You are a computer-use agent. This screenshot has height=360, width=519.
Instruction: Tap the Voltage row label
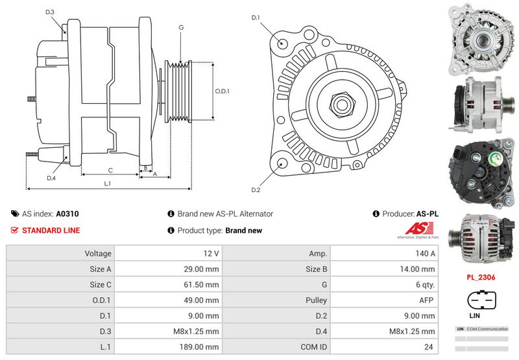click(x=97, y=253)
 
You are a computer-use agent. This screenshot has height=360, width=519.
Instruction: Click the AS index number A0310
click(x=67, y=213)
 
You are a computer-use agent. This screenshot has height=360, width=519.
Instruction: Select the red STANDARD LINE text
click(x=51, y=230)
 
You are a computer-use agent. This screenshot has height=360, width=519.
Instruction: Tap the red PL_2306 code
click(x=480, y=276)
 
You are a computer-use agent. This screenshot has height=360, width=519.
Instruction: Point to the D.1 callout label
click(x=256, y=18)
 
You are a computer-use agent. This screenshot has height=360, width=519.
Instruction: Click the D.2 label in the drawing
click(x=256, y=189)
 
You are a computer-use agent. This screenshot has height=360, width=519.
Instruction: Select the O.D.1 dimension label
click(x=223, y=91)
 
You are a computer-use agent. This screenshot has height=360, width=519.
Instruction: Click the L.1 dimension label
click(x=108, y=184)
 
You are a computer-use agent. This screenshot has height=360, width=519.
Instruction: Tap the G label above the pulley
click(x=181, y=27)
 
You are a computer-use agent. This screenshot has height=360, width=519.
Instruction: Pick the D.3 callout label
click(x=50, y=12)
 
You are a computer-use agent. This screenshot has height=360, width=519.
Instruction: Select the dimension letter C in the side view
click(x=110, y=170)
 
